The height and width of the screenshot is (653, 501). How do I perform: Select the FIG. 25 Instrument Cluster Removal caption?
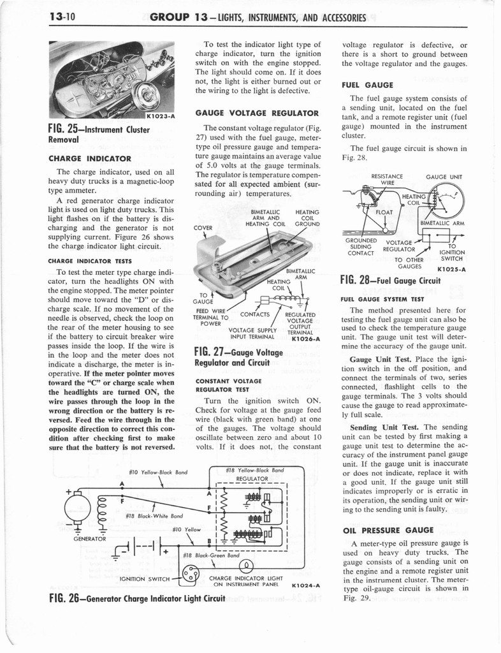99,134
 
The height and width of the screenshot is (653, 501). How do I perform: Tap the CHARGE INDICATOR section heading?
90,158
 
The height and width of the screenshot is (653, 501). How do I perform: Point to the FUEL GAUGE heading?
368,85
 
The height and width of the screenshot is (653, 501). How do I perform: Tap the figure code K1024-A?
305,585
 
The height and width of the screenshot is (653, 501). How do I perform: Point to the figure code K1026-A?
304,339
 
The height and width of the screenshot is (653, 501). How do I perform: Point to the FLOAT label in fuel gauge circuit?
384,212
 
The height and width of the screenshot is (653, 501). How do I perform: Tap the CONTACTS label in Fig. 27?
254,314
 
